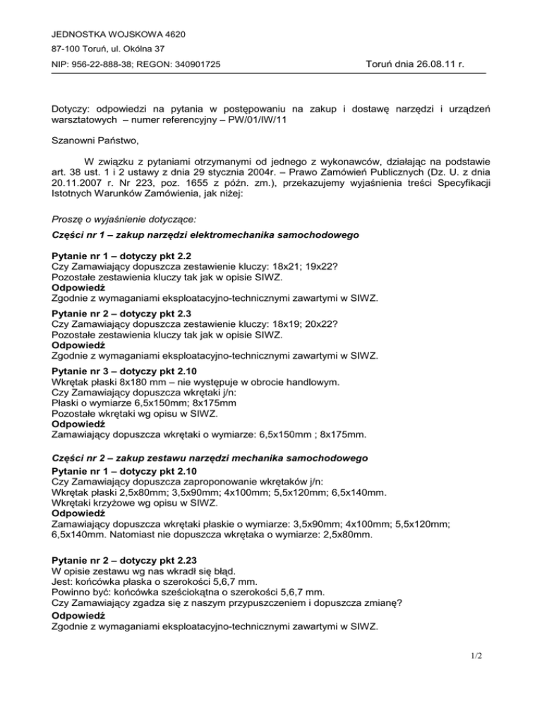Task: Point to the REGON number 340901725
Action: pos(196,65)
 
